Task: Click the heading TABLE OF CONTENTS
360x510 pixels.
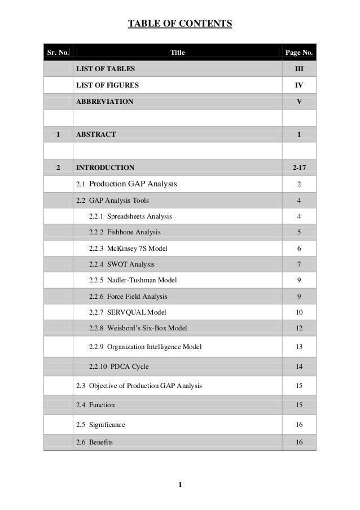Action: (x=180, y=24)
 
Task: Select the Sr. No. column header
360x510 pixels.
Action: (x=58, y=53)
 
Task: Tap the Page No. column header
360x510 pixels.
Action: (x=299, y=53)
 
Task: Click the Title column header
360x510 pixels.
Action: (x=177, y=53)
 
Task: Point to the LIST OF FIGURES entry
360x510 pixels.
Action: (x=107, y=85)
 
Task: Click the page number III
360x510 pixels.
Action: (x=299, y=69)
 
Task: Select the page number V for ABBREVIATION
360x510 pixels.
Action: (x=299, y=102)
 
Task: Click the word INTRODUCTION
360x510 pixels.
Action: (x=106, y=167)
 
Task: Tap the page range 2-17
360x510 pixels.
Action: (x=299, y=167)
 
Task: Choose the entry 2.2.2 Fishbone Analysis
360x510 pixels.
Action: (x=125, y=232)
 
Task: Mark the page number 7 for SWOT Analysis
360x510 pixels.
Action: (x=299, y=264)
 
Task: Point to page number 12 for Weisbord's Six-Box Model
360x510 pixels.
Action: (x=299, y=328)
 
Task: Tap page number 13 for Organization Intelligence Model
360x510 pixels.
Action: (x=299, y=347)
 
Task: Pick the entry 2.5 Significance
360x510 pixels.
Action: (x=100, y=424)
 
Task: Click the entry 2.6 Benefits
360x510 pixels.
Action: (x=94, y=442)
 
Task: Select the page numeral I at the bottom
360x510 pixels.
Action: (x=180, y=485)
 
